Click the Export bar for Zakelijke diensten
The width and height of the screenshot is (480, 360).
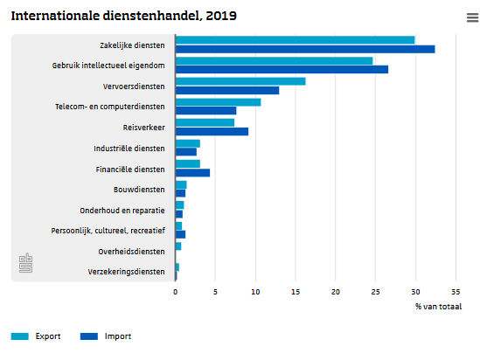pyautogui.click(x=296, y=40)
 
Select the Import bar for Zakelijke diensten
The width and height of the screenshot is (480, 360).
pyautogui.click(x=305, y=49)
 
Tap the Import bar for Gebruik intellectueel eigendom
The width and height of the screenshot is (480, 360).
pyautogui.click(x=282, y=69)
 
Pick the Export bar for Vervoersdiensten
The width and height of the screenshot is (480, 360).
pyautogui.click(x=240, y=81)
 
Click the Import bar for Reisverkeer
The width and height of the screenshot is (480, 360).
pyautogui.click(x=212, y=132)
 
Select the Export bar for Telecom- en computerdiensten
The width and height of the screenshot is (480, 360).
pyautogui.click(x=219, y=102)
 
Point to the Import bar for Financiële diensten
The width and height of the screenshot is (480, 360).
pyautogui.click(x=193, y=173)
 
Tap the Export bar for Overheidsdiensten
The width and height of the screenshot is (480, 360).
pyautogui.click(x=178, y=246)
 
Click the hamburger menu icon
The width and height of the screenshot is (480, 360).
pyautogui.click(x=472, y=17)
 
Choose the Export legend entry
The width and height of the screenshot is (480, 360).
pyautogui.click(x=36, y=336)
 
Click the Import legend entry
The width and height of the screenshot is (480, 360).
pyautogui.click(x=106, y=336)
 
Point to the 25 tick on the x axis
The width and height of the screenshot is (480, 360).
pyautogui.click(x=375, y=292)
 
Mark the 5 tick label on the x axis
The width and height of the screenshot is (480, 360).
pyautogui.click(x=215, y=292)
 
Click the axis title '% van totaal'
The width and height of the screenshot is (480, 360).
pyautogui.click(x=438, y=307)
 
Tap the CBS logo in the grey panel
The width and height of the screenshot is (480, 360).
pyautogui.click(x=25, y=263)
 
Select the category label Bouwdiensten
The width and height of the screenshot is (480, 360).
pyautogui.click(x=139, y=190)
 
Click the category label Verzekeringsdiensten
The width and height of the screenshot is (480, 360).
pyautogui.click(x=126, y=272)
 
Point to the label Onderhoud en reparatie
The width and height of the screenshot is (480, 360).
pyautogui.click(x=122, y=211)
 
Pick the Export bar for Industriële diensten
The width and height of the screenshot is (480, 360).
pyautogui.click(x=188, y=143)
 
